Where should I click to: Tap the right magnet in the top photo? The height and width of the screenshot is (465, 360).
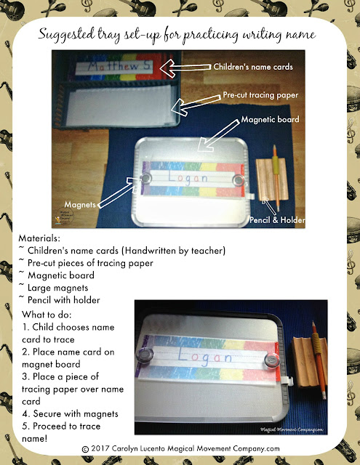(x=236, y=178)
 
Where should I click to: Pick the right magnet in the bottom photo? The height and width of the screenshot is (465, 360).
(x=273, y=358)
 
